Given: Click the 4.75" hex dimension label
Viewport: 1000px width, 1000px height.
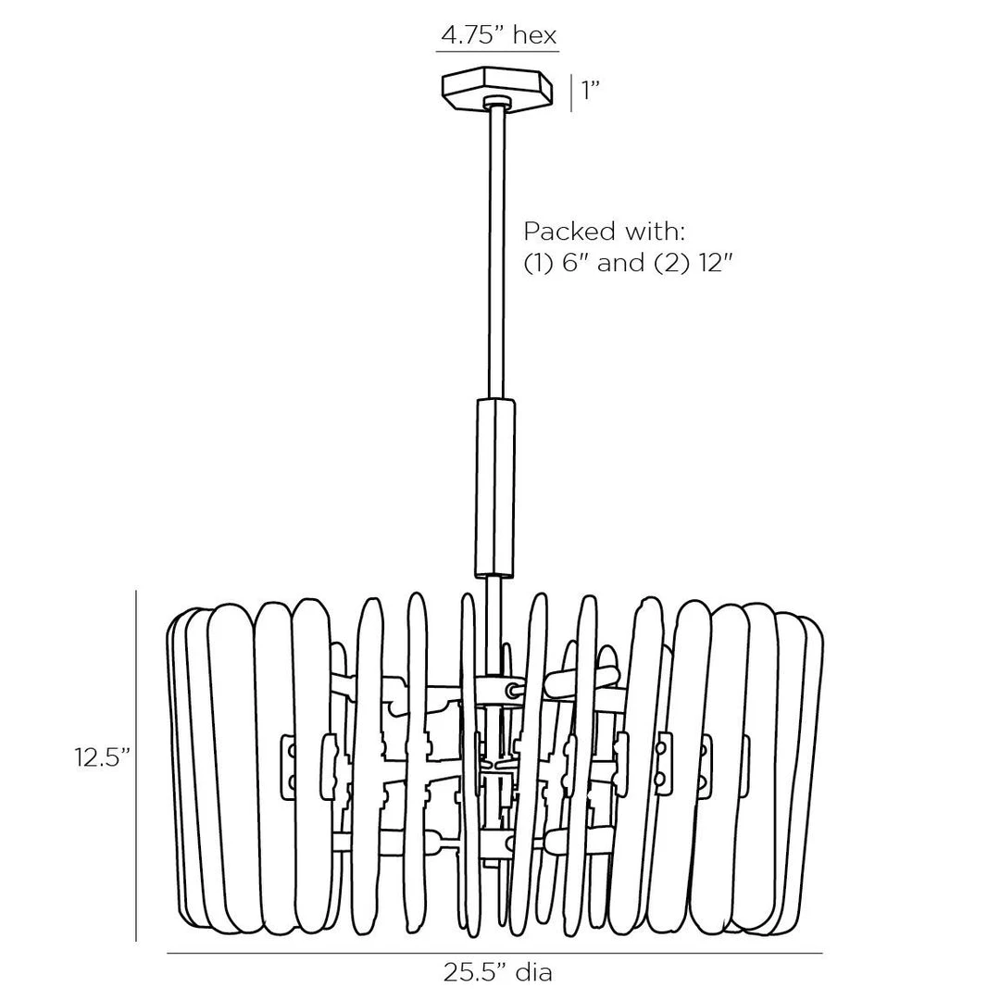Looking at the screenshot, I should coord(498,35).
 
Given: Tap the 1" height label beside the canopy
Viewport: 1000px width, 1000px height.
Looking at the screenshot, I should coord(590,91).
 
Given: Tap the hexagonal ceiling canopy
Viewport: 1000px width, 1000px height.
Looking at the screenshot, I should coord(497,91).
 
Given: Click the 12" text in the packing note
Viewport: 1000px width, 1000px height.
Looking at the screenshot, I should coord(712,263).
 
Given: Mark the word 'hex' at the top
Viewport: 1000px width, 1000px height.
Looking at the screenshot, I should coord(535,35).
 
